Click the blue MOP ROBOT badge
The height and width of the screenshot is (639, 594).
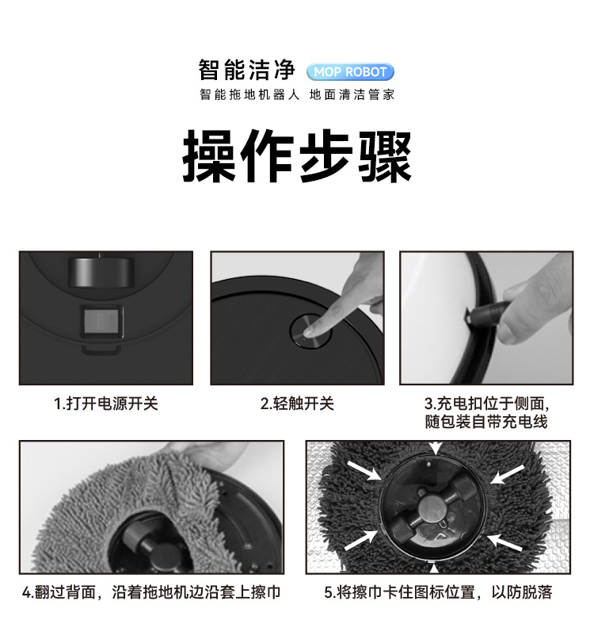tap(350, 72)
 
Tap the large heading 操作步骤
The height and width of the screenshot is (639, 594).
tap(297, 155)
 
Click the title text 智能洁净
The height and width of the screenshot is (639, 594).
tap(247, 70)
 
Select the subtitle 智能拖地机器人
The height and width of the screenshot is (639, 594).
tap(249, 94)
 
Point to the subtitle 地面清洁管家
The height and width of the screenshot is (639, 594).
tap(352, 94)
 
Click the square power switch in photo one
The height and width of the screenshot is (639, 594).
tap(102, 321)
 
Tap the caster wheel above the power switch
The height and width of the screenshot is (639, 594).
tap(101, 272)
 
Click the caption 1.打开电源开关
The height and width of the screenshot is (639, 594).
tap(106, 404)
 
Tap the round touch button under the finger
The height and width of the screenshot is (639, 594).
tap(310, 331)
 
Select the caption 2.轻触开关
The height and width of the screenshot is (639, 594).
tap(297, 404)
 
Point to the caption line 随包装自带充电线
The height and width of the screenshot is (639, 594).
tap(486, 422)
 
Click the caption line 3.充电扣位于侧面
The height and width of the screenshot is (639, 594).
tap(486, 404)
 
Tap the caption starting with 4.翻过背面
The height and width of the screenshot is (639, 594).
tap(151, 592)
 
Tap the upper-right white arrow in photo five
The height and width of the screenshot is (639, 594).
tap(507, 474)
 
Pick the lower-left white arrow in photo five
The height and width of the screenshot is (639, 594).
tap(361, 541)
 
